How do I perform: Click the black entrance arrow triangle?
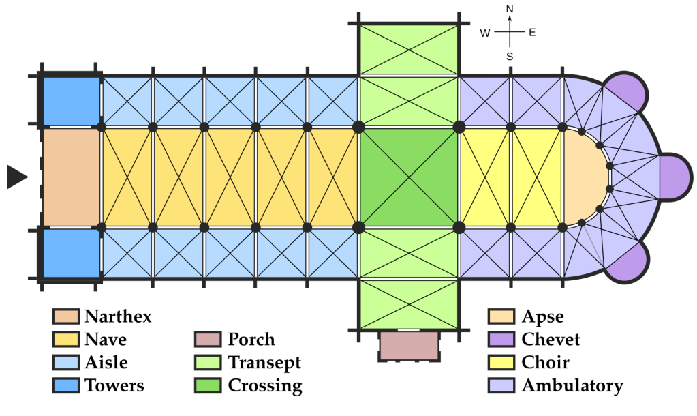coord(16,177)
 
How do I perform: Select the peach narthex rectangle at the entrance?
coord(71,177)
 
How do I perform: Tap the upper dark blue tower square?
coord(71,101)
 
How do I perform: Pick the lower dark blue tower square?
coord(71,253)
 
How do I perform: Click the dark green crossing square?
coord(408,177)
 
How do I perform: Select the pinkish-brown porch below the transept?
coord(409,346)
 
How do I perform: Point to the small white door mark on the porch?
coord(409,330)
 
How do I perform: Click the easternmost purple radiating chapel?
coord(675,177)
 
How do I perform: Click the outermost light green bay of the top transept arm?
coord(408,50)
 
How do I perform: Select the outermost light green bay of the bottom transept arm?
coord(408,304)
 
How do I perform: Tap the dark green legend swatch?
coord(208,385)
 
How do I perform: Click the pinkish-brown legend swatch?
coord(208,339)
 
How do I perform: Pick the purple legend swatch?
coord(501,339)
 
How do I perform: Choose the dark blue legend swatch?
coord(66,385)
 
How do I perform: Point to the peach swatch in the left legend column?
coord(66,316)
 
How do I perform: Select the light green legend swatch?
coord(208,362)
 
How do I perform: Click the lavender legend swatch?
coord(501,385)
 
